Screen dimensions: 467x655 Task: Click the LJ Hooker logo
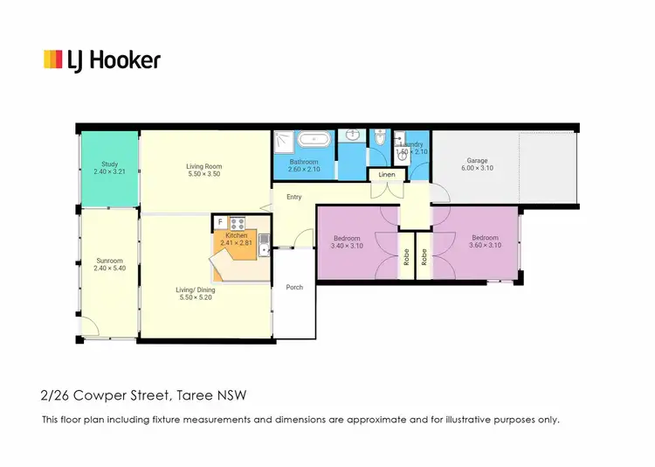tap(102, 59)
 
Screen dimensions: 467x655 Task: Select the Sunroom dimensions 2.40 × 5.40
tap(109, 269)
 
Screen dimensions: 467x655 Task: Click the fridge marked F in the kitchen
tap(221, 222)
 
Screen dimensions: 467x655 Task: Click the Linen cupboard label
tap(387, 175)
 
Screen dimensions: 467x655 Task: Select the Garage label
tap(477, 161)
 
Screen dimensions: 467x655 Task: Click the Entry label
tap(293, 197)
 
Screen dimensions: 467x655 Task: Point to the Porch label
tap(294, 287)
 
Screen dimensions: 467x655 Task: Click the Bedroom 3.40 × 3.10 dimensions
tap(348, 246)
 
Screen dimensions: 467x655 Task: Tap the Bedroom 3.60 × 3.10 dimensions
tap(484, 246)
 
